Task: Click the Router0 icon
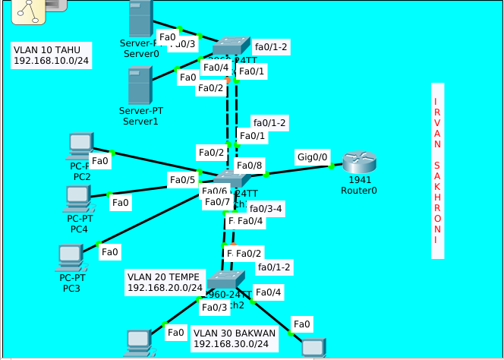(x=358, y=163)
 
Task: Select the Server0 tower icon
(x=140, y=20)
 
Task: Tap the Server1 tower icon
(x=140, y=85)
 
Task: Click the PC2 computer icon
(x=80, y=144)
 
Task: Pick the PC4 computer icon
(x=77, y=197)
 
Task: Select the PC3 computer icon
(x=71, y=258)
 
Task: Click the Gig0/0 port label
(x=313, y=157)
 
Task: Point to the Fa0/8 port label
(x=249, y=166)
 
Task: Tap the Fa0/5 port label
(x=182, y=180)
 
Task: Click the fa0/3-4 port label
(x=266, y=208)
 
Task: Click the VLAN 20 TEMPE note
(x=165, y=283)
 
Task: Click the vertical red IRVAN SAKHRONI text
(x=436, y=170)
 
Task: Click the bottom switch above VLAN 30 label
(x=225, y=279)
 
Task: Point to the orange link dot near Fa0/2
(x=227, y=79)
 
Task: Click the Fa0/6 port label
(x=216, y=191)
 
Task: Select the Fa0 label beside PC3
(x=110, y=251)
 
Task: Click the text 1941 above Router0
(x=360, y=180)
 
